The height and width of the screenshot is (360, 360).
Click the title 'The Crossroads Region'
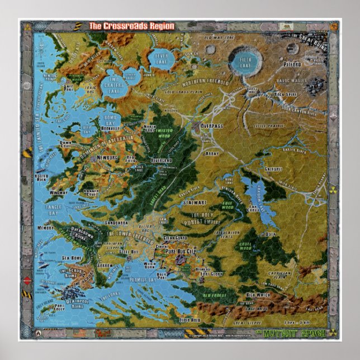(132, 26)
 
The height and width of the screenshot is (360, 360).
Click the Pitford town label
(307, 64)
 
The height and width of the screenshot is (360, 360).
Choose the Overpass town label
(212, 126)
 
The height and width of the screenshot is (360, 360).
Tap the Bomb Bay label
(110, 120)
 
